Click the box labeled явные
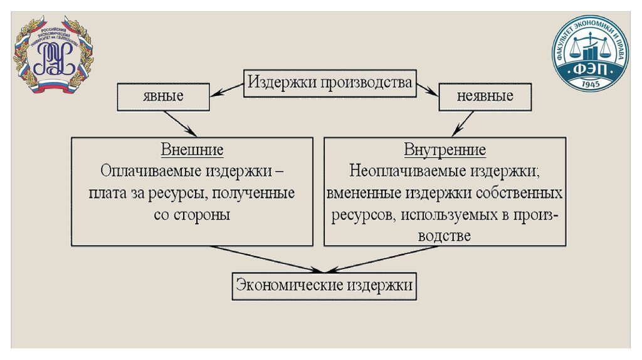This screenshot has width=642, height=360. point(162,97)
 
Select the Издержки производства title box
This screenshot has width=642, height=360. point(329,82)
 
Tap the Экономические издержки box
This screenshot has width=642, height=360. point(324,285)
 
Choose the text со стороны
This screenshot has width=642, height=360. point(192,214)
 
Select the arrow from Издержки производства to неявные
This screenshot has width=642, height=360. point(427,89)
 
